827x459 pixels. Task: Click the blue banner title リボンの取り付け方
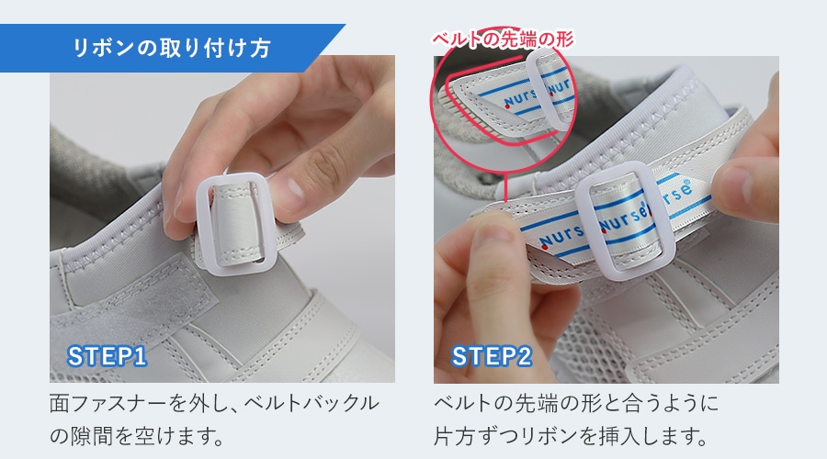coord(172,48)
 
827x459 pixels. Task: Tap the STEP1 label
coord(107,357)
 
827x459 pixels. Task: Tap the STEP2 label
coord(491,357)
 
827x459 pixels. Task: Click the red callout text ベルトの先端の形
coord(503,39)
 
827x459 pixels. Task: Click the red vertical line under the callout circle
coord(505,187)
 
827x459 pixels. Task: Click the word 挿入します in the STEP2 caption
coord(653,436)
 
